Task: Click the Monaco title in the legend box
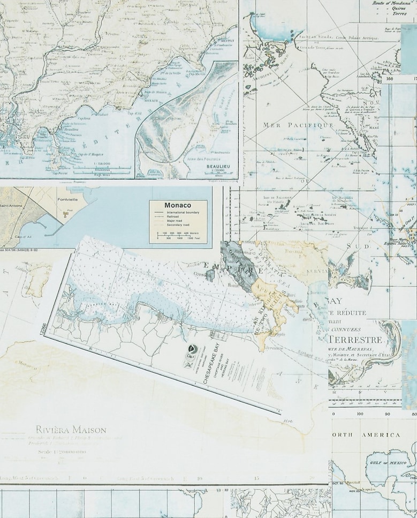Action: click(178, 205)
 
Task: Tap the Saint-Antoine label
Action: click(10, 205)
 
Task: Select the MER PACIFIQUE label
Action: click(298, 125)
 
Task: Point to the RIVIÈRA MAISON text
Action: click(71, 430)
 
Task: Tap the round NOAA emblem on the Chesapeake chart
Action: click(191, 348)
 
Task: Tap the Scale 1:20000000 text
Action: click(60, 452)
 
